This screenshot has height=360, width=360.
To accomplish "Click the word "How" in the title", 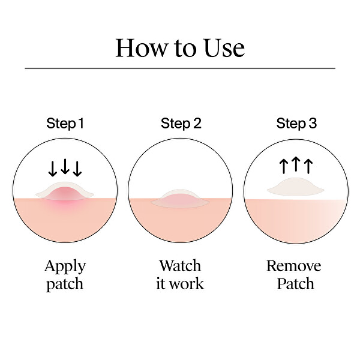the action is (142, 48).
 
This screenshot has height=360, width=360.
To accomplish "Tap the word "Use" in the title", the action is (224, 48).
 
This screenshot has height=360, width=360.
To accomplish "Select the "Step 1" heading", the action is (65, 124).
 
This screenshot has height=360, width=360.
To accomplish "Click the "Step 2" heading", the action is (181, 124).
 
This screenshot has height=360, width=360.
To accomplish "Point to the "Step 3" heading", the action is (296, 124).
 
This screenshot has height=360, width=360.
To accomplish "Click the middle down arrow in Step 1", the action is (65, 166).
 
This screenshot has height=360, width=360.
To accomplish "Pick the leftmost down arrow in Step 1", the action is (53, 169).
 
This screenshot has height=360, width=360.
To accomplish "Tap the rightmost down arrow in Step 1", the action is (77, 169).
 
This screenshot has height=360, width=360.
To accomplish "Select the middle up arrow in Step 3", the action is (296, 164).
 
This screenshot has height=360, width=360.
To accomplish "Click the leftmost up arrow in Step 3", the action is (284, 166).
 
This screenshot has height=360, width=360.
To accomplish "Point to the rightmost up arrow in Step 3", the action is (308, 166).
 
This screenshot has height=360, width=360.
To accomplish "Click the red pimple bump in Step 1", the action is (65, 193).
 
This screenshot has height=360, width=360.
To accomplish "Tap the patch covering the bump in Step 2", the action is (180, 199).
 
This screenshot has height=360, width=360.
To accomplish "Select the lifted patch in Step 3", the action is (296, 187).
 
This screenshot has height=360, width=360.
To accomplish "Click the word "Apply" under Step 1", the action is (65, 267).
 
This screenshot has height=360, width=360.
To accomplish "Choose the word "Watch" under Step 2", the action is (180, 266).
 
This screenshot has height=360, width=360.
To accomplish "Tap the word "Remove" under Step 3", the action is (293, 266).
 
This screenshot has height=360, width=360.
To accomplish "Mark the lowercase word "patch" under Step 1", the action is (65, 284).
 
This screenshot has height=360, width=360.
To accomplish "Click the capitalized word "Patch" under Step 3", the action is (295, 284).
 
